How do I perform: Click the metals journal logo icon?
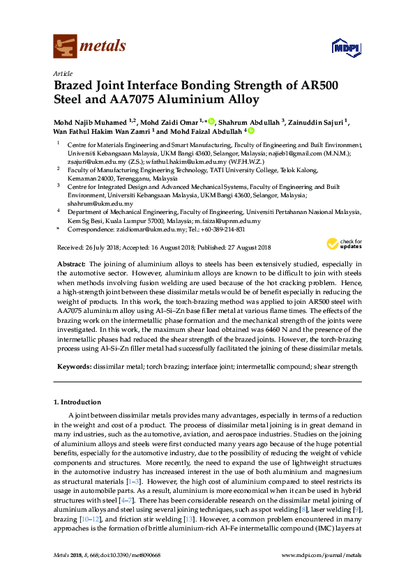(x=65, y=47)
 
